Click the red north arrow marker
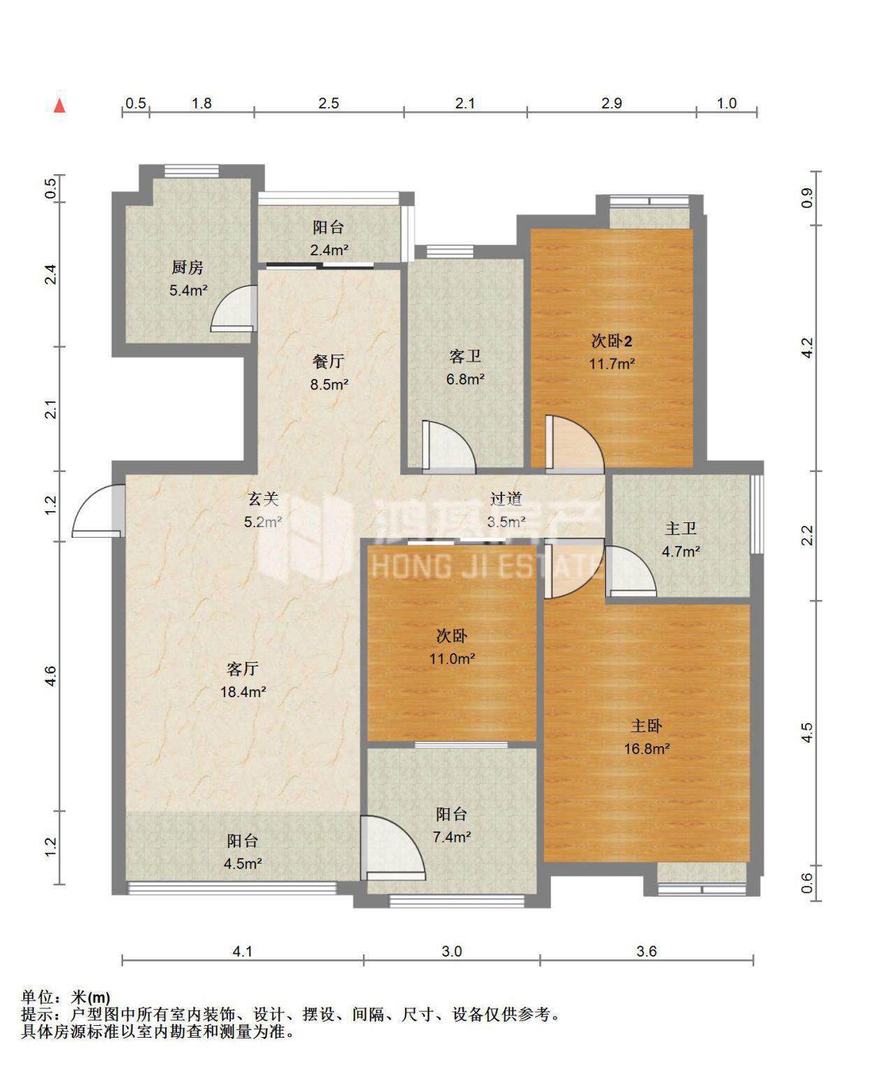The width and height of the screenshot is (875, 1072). click(x=60, y=105)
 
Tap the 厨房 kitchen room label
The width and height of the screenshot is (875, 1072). click(x=187, y=267)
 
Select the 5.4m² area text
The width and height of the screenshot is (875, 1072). click(x=188, y=290)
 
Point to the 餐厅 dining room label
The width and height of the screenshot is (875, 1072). click(x=329, y=362)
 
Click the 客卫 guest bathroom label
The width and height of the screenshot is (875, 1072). click(x=464, y=357)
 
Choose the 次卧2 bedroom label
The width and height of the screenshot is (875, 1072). click(x=611, y=341)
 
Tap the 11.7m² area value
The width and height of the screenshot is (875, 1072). click(x=611, y=364)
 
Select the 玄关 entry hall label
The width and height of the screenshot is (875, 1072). click(x=263, y=499)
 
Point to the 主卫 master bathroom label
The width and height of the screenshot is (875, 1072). click(x=681, y=528)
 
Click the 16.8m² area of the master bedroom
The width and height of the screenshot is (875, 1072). click(x=646, y=749)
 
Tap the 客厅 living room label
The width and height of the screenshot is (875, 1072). click(x=243, y=669)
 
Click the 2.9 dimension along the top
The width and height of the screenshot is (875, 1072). click(x=611, y=103)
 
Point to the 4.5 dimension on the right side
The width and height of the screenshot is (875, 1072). click(x=807, y=732)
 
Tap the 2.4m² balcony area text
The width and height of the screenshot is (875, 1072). click(x=329, y=250)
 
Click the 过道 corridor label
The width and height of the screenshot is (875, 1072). click(x=506, y=499)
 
